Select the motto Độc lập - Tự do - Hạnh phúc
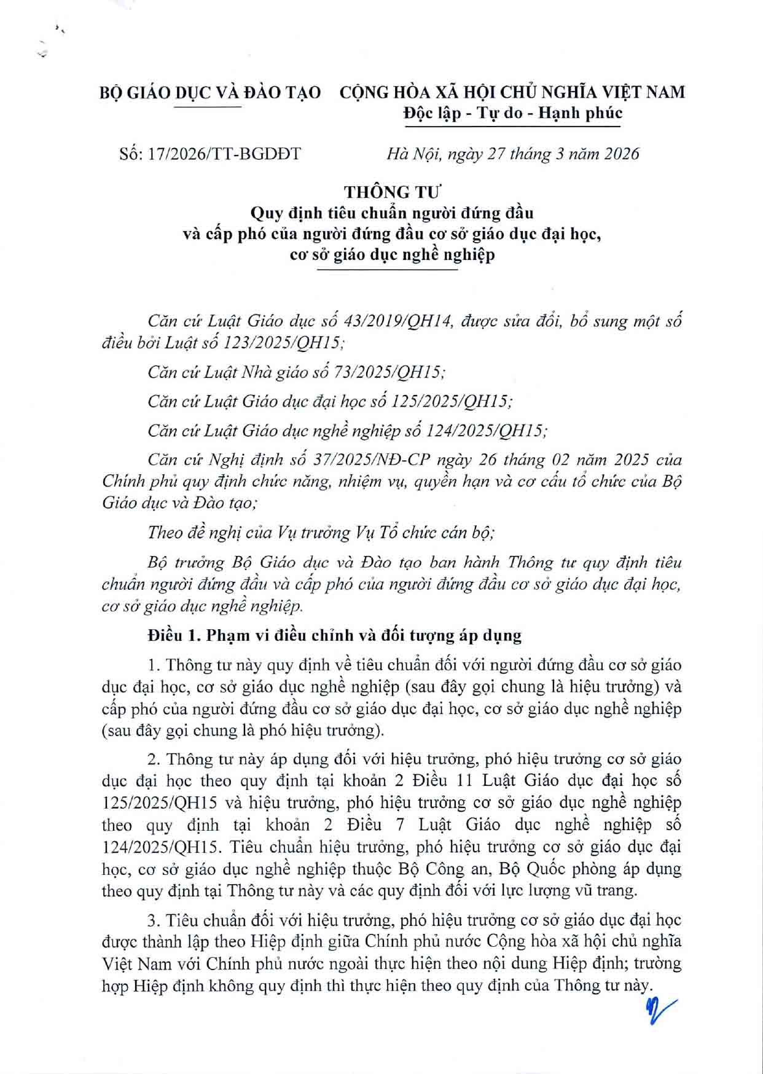pyautogui.click(x=512, y=113)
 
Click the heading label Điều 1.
pyautogui.click(x=173, y=635)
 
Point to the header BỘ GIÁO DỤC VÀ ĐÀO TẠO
pyautogui.click(x=210, y=93)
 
